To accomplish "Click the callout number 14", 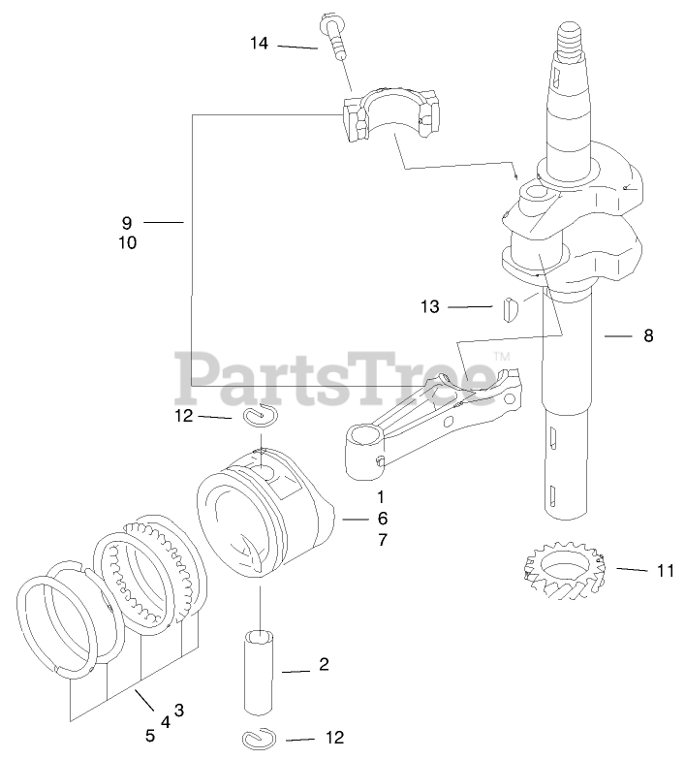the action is tap(259, 43).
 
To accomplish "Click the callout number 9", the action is tap(127, 222).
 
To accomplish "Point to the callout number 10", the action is tap(127, 243).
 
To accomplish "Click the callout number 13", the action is tap(429, 307).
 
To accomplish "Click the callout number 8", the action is tap(648, 336).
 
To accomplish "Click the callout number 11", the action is tap(665, 571).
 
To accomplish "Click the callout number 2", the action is tap(324, 664).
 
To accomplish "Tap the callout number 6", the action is tap(382, 518).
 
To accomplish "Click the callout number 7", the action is tap(382, 540).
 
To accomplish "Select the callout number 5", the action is tap(150, 735).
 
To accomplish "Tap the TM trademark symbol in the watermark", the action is tap(502, 357).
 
